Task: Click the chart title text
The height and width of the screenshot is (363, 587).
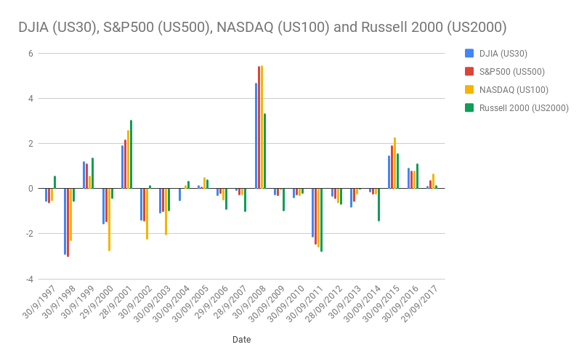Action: click(x=262, y=28)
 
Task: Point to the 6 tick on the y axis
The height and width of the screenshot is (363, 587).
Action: click(x=31, y=53)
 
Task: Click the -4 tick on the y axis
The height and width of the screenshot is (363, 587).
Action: click(x=29, y=279)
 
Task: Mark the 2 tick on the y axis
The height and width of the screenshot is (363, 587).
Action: click(x=31, y=143)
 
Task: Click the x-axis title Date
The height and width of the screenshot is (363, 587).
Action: click(x=242, y=339)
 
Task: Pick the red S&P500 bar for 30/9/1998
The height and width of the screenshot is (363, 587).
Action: click(x=68, y=222)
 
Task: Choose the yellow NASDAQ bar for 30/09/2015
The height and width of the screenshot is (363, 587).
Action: click(x=394, y=163)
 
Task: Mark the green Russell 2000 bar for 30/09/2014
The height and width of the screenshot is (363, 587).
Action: click(x=378, y=204)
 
